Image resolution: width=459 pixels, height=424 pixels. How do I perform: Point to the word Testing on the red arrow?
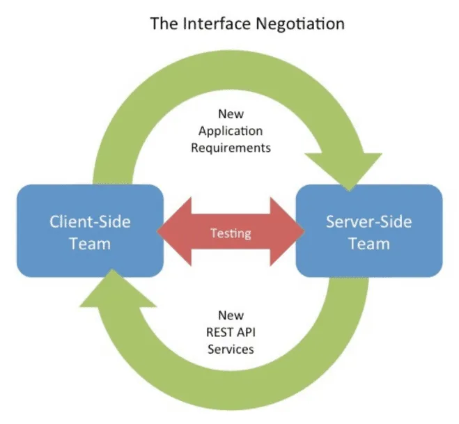tap(231, 233)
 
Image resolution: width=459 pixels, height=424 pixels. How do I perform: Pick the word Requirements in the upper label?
tap(231, 148)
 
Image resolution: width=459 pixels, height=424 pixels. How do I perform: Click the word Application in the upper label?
tap(231, 131)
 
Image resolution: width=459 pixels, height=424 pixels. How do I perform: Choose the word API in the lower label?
tap(245, 331)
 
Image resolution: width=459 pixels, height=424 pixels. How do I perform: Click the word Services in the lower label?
tap(231, 348)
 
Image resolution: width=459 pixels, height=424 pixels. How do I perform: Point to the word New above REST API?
tap(231, 315)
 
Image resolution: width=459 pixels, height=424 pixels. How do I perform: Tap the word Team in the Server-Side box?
tap(368, 244)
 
